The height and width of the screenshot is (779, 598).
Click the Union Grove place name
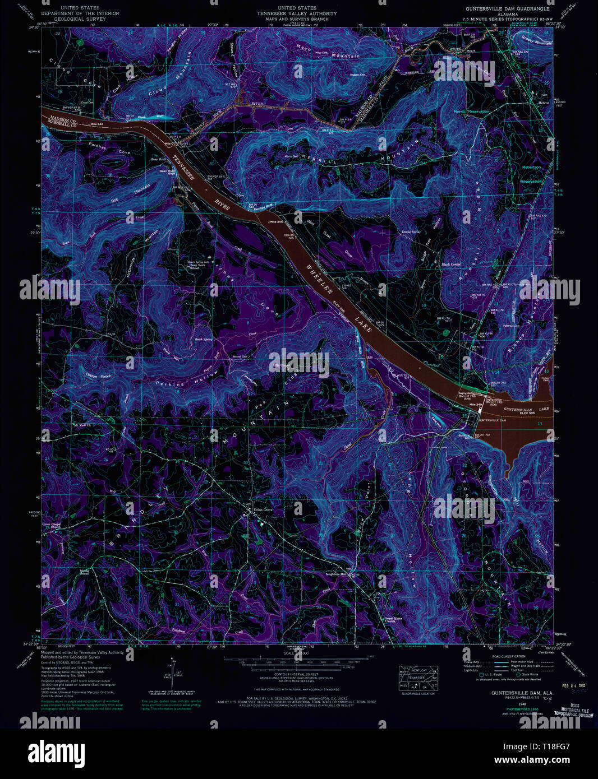click(263, 509)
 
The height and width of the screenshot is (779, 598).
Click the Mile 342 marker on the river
click(96, 124)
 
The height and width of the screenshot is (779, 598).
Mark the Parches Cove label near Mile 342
click(109, 148)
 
